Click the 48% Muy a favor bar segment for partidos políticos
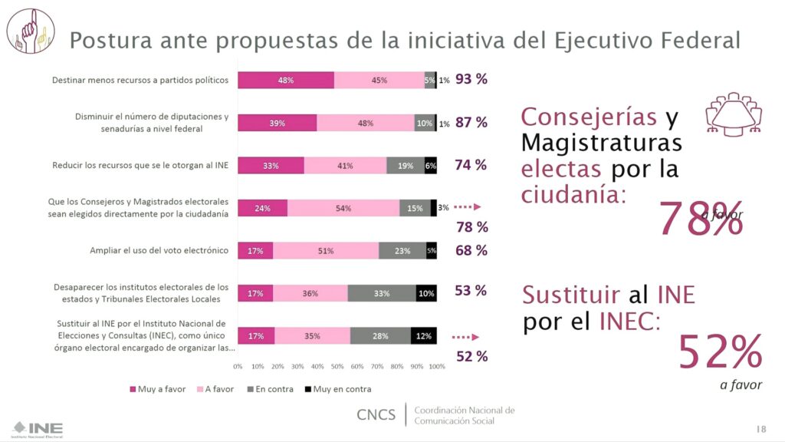(x=285, y=80)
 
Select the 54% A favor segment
(x=343, y=208)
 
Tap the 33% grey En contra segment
(x=382, y=293)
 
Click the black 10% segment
(x=426, y=293)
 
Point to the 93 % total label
(x=471, y=79)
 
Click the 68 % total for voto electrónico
(x=471, y=250)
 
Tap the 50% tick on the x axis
(x=337, y=366)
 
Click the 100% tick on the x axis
(x=436, y=366)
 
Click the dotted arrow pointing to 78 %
(x=466, y=207)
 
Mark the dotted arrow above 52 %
(x=466, y=336)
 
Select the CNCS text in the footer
(x=376, y=415)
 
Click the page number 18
(x=760, y=427)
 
